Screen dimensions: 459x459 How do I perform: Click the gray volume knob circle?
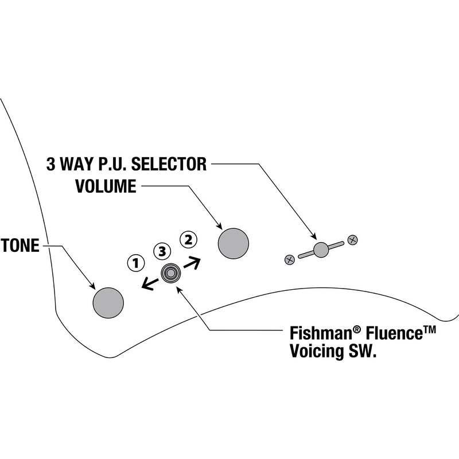pos(234,243)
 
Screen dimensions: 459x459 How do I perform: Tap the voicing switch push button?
pos(170,274)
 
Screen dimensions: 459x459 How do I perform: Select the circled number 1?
pos(135,263)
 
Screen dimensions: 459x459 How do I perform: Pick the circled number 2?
pos(188,238)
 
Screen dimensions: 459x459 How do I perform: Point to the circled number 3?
pos(162,251)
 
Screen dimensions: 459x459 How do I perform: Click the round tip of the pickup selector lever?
pos(321,248)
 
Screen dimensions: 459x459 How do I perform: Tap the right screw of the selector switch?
pos(353,239)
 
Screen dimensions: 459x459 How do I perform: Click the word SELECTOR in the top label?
pos(169,165)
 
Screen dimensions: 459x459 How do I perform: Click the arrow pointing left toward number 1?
pos(151,282)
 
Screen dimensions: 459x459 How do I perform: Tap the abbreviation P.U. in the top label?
pos(107,165)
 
